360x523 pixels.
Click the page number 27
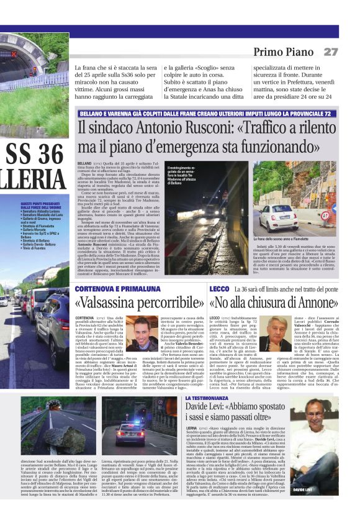point(331,52)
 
